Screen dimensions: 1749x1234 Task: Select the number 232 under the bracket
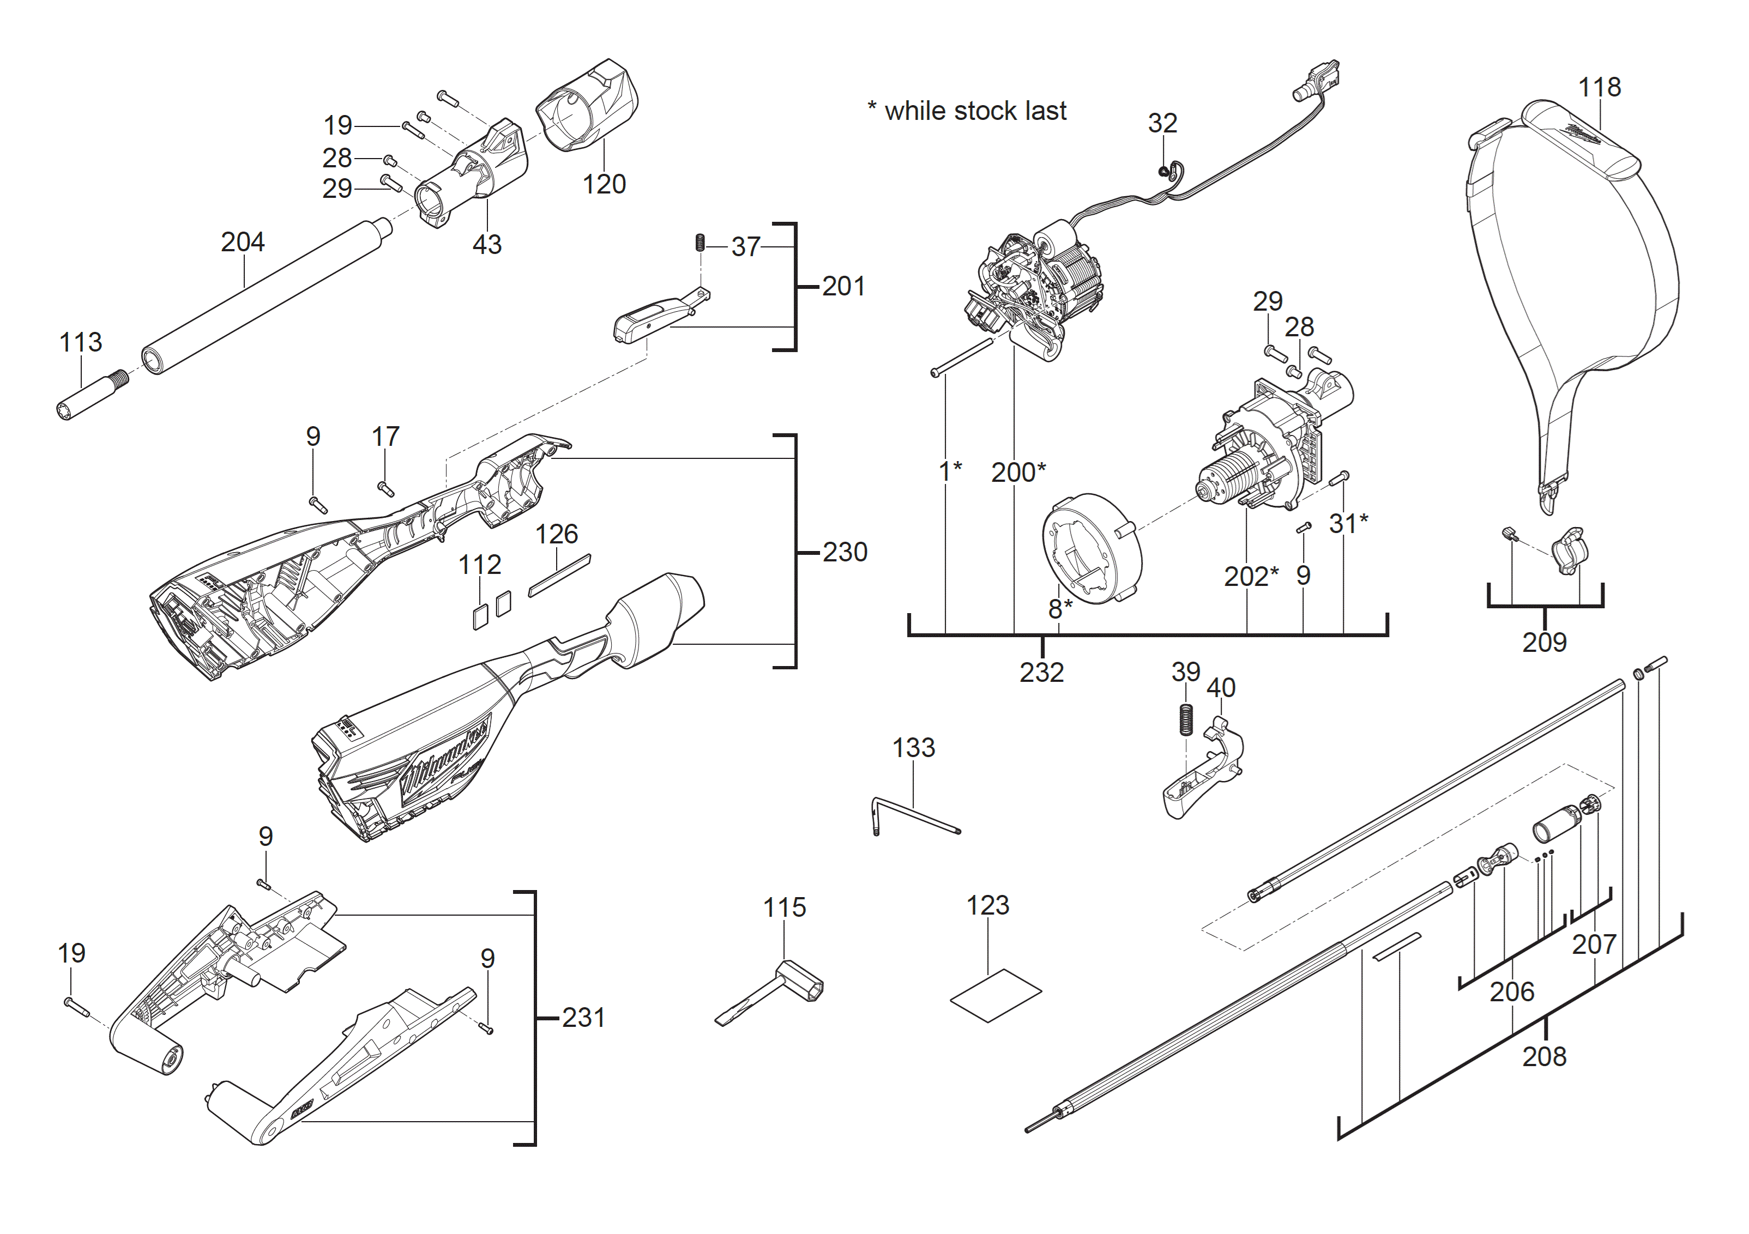(1041, 672)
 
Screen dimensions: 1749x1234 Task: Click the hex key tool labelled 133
(914, 816)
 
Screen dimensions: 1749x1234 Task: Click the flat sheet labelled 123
(996, 996)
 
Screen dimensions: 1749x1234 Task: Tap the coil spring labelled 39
(1185, 719)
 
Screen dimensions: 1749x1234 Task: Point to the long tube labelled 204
(267, 295)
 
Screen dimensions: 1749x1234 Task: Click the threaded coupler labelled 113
(92, 395)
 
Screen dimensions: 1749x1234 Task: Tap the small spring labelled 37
(699, 243)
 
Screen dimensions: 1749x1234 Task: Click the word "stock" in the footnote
(986, 111)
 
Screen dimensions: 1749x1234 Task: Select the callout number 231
(583, 1018)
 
